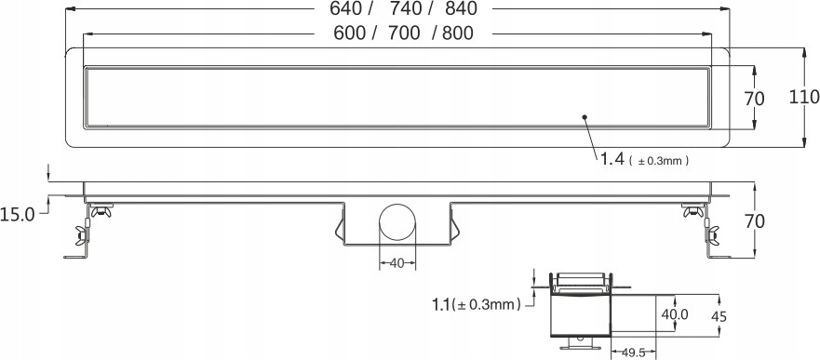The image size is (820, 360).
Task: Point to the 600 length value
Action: click(349, 33)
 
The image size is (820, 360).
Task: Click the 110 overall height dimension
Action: click(803, 96)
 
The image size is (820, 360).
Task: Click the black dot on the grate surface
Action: click(585, 117)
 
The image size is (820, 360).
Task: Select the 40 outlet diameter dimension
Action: click(397, 263)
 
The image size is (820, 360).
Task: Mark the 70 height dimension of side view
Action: click(754, 221)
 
